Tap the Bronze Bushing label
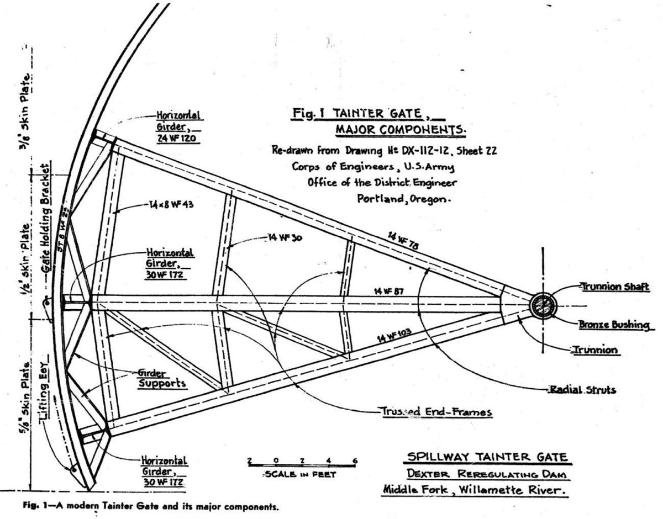(x=613, y=325)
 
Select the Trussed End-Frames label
(x=435, y=411)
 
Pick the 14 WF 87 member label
(x=385, y=290)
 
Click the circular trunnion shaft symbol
(x=542, y=305)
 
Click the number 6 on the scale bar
(x=355, y=461)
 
